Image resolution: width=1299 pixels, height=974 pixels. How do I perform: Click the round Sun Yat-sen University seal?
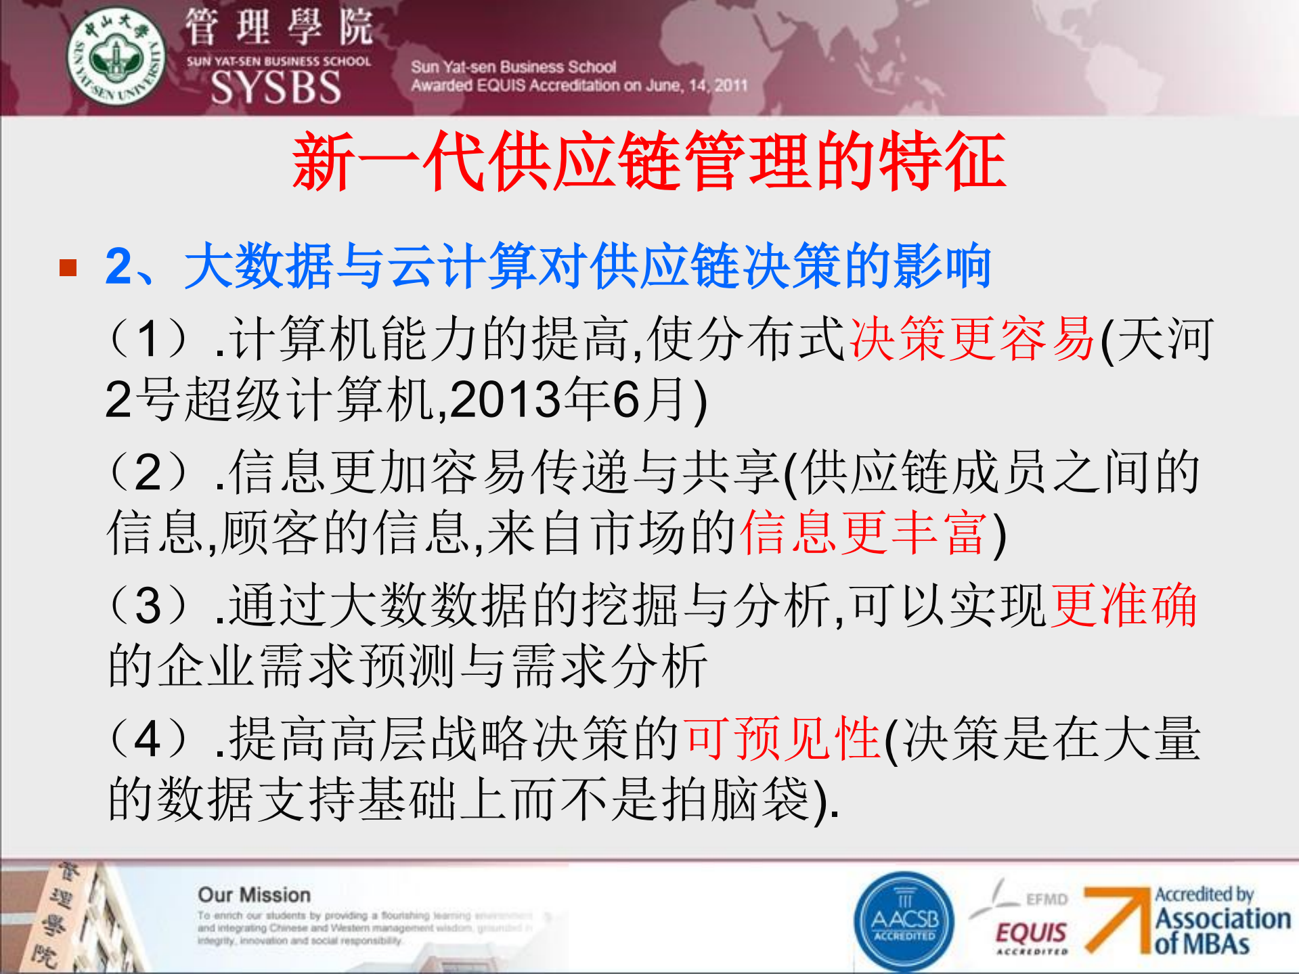coord(116,56)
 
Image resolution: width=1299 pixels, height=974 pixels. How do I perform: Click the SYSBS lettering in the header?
coord(276,87)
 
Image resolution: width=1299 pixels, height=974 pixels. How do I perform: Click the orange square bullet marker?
coord(68,267)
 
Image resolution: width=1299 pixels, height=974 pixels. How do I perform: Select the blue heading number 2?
coord(119,267)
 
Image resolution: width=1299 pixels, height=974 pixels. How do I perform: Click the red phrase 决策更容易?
coord(972,339)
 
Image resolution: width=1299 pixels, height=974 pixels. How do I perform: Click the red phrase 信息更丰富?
coord(864,533)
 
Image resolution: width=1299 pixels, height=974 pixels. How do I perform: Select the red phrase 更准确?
coord(1123,605)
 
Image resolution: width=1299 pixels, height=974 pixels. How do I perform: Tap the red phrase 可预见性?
coord(783,738)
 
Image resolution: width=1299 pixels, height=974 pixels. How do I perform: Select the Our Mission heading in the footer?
coord(254,895)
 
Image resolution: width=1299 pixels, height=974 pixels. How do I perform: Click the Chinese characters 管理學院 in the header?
coord(278,27)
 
